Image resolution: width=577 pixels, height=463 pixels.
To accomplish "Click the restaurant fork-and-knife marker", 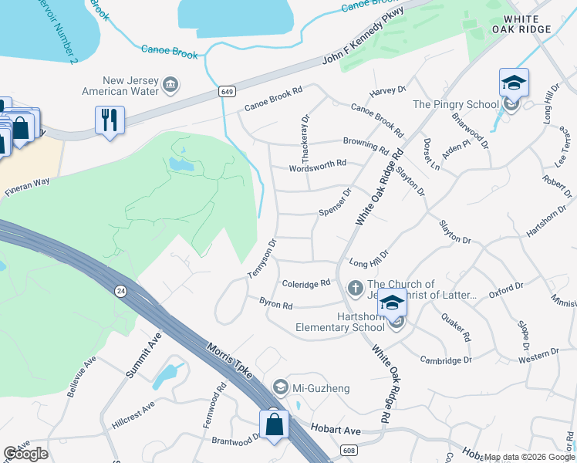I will [110, 120].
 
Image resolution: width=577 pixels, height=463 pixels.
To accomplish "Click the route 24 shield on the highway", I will [120, 291].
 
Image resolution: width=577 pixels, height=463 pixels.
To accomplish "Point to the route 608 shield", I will [349, 450].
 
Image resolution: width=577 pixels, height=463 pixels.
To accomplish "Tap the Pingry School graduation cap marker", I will [514, 82].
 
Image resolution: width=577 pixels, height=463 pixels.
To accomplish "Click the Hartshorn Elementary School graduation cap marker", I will [392, 303].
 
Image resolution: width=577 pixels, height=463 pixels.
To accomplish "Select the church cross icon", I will [356, 289].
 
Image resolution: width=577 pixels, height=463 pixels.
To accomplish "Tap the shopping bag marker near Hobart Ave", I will [274, 424].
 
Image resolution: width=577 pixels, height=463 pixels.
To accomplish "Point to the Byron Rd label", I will [275, 305].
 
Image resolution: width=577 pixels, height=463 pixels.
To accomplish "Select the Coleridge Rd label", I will [306, 284].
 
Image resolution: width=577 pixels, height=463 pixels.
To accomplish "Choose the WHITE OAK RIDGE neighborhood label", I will [528, 23].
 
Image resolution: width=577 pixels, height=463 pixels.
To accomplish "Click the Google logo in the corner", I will [26, 454].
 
